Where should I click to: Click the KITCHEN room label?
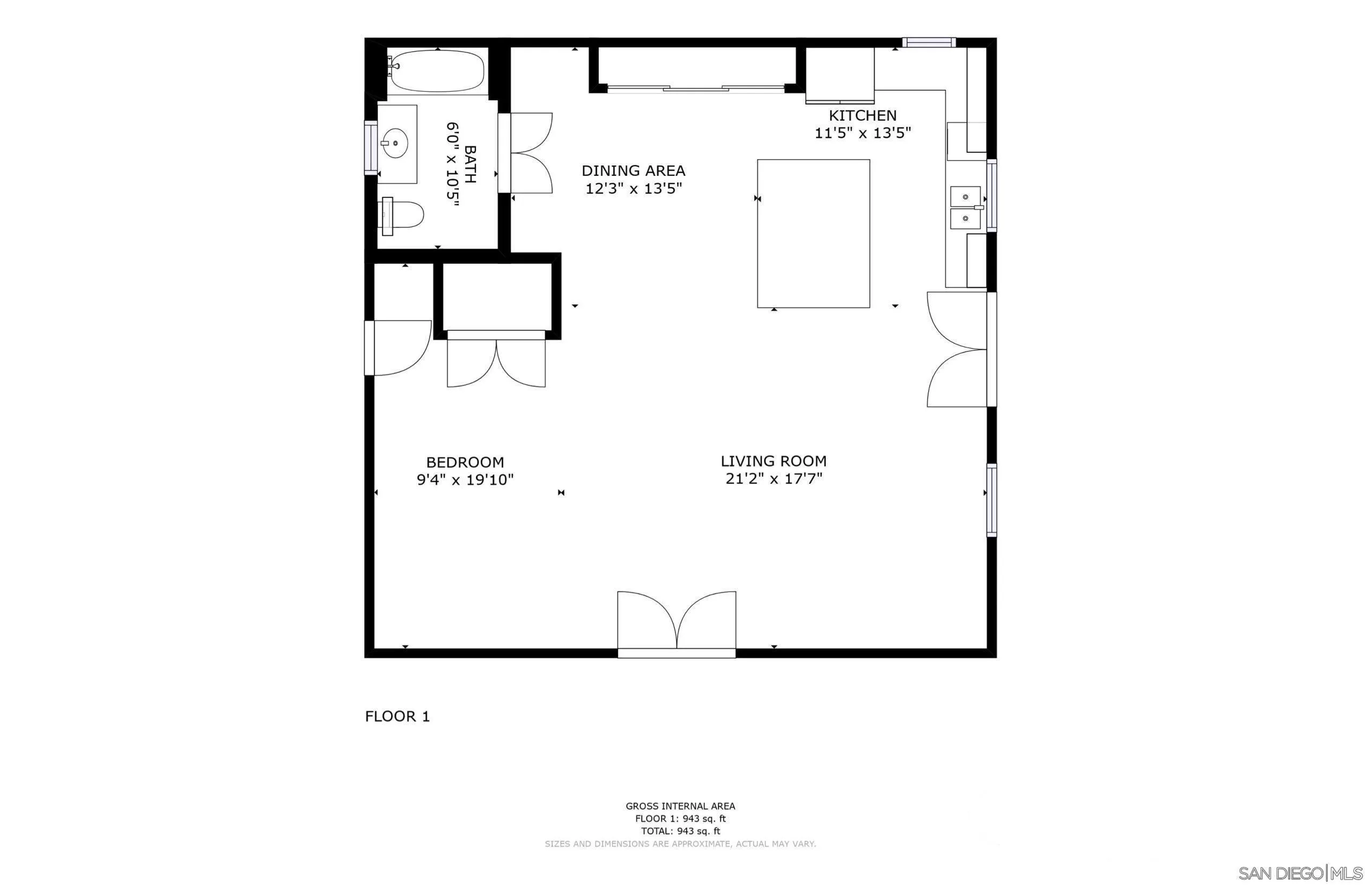click(x=862, y=115)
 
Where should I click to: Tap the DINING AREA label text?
click(x=633, y=171)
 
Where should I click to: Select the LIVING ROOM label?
click(x=773, y=461)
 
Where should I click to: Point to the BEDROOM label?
click(x=465, y=462)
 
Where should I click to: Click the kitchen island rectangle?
click(x=813, y=233)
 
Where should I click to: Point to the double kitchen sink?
click(x=965, y=207)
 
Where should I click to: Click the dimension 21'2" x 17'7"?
click(x=773, y=478)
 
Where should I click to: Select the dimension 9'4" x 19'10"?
click(x=465, y=480)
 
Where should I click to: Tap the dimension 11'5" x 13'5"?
click(x=862, y=134)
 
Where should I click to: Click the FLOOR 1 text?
click(x=397, y=717)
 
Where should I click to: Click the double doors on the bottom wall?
click(x=676, y=623)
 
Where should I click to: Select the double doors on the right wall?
click(x=957, y=349)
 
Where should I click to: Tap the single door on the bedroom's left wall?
click(x=398, y=348)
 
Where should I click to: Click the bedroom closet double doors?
click(x=496, y=362)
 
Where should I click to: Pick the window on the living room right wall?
click(x=991, y=500)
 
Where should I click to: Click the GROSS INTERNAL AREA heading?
click(x=680, y=806)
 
